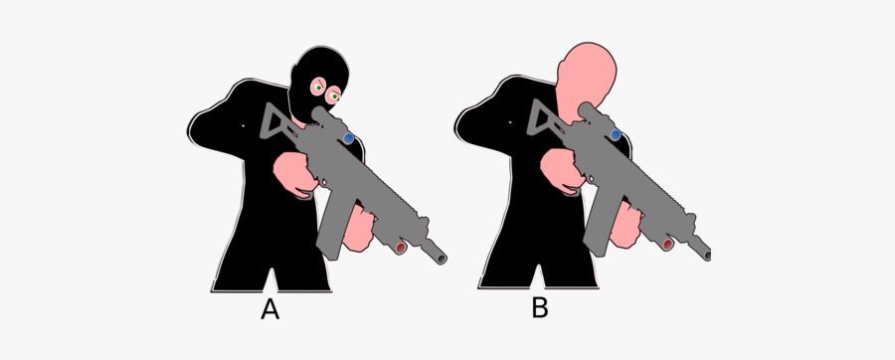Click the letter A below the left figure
point(269,310)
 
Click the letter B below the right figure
point(539,308)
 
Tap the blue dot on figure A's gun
point(348,137)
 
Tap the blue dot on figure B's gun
point(617,134)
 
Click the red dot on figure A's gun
point(401,246)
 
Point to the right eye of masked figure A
point(335,95)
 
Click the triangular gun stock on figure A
point(277,122)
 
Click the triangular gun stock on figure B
point(546,121)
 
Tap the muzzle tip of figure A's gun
point(442,259)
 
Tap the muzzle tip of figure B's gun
point(707,256)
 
